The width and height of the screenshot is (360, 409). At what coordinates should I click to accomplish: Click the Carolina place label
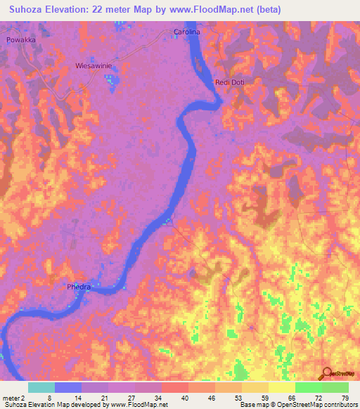(187, 32)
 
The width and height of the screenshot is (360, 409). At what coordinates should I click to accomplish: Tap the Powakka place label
(20, 41)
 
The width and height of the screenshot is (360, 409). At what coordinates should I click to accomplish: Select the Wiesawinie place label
(94, 65)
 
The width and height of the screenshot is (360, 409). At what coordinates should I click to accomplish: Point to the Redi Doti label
(229, 82)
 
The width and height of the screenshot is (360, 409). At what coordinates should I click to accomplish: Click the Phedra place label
(79, 287)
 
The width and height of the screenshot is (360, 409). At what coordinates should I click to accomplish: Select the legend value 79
(345, 398)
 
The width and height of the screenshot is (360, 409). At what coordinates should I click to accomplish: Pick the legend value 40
(184, 398)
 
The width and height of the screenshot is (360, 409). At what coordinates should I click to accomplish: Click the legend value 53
(237, 398)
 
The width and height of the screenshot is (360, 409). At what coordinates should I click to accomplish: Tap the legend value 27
(130, 398)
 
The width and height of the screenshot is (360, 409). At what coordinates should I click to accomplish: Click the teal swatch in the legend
(41, 387)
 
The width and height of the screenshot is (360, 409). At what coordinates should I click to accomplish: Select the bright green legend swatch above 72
(308, 387)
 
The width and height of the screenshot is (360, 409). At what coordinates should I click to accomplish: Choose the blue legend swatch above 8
(67, 387)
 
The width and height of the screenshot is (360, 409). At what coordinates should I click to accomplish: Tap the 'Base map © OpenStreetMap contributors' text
(298, 405)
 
